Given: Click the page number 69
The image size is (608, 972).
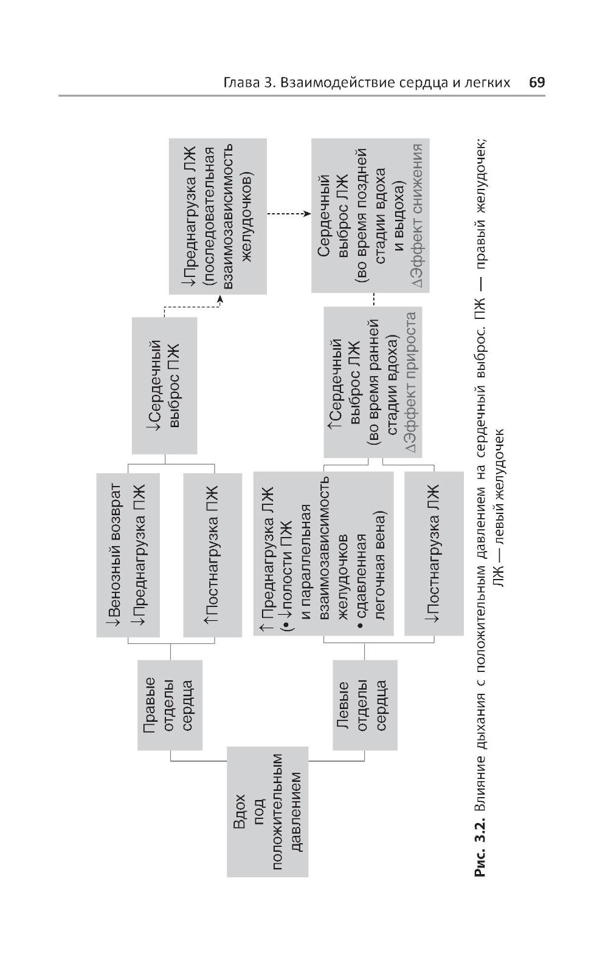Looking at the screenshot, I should pos(537,83).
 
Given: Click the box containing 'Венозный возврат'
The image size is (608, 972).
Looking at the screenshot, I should pos(128,555).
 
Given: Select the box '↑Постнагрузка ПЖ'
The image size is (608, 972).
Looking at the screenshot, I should pos(215,555).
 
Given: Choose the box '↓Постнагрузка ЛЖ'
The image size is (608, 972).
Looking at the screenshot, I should pos(434,555).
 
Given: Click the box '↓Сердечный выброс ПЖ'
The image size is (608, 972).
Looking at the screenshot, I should pos(165,385).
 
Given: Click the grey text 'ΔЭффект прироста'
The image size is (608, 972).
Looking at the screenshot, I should pos(411,382).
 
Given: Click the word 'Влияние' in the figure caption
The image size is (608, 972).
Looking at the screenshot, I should pos(480,784).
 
